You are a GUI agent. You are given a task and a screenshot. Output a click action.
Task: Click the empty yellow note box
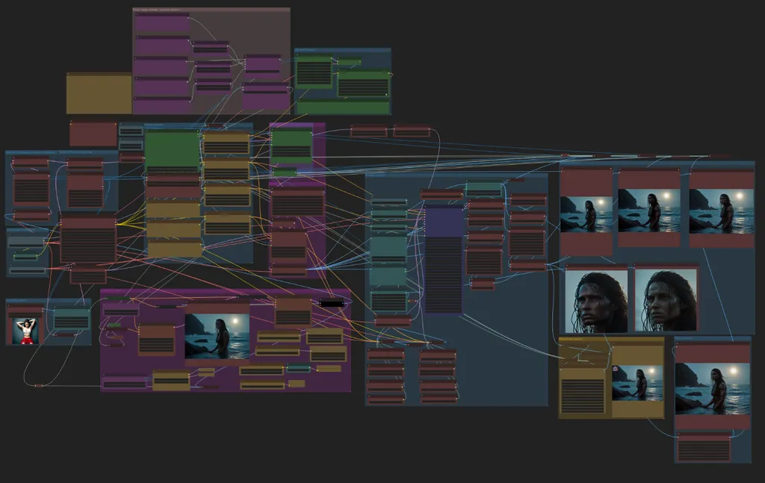point(99,93)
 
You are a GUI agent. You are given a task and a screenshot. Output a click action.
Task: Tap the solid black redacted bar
point(332,303)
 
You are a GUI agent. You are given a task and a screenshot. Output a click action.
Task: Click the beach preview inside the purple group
point(217,336)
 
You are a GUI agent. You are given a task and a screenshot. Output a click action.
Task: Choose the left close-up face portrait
point(596,300)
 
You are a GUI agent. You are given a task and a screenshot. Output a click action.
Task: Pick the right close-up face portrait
point(666,300)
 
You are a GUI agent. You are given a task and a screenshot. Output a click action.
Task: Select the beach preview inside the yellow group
point(637,382)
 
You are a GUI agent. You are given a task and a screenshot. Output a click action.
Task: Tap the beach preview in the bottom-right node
point(712,388)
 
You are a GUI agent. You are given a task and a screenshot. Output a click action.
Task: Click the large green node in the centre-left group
point(172,149)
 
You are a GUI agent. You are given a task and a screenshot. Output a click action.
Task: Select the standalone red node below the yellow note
point(93,134)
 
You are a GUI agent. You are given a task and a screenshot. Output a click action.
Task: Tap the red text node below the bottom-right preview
point(704,448)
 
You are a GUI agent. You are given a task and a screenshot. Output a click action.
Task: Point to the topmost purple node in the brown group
point(162,22)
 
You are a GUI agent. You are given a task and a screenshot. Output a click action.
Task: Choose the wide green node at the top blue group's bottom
point(343,107)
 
